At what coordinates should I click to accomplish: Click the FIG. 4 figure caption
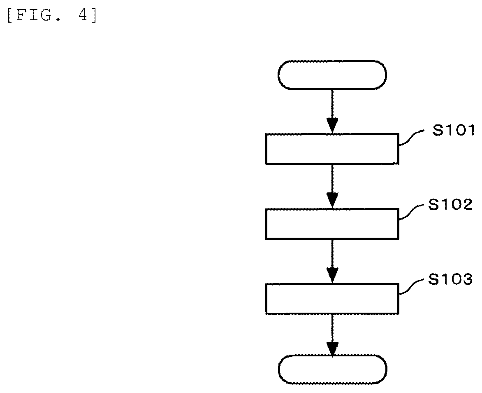point(52,15)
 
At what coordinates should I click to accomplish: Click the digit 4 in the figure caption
point(83,15)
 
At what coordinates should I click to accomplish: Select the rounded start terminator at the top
point(332,75)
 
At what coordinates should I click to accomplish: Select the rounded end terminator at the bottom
point(332,369)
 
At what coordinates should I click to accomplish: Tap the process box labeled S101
point(332,149)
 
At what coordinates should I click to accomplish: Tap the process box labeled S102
point(332,224)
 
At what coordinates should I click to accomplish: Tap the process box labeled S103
point(332,299)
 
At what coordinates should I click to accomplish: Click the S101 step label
point(453,130)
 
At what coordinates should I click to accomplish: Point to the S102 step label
point(450,205)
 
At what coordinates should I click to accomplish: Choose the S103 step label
point(450,280)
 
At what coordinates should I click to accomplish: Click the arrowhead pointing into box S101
point(332,126)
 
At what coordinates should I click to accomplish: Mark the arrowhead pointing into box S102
point(332,201)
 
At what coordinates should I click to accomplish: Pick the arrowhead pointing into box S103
point(332,276)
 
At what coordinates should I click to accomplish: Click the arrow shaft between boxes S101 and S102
point(332,179)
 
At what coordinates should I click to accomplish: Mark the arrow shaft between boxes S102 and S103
point(332,254)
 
